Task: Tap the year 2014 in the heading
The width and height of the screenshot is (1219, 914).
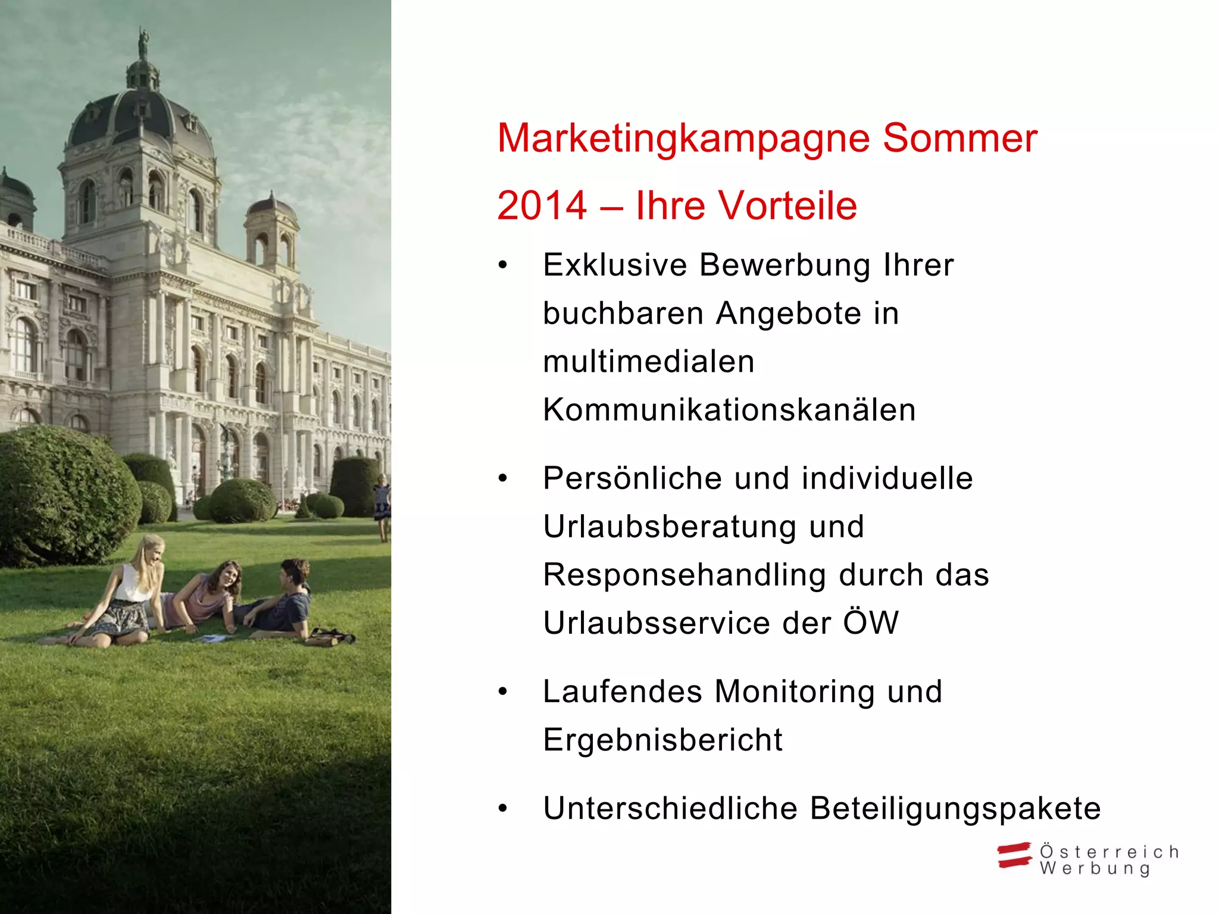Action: [x=542, y=206]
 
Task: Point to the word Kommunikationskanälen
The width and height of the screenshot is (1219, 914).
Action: [x=729, y=410]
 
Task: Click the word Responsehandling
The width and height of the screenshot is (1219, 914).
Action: [x=684, y=575]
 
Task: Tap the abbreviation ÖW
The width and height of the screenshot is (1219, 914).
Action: [x=871, y=623]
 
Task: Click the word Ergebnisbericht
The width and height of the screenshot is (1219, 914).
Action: [x=663, y=740]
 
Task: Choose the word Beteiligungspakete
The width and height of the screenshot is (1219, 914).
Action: [x=955, y=809]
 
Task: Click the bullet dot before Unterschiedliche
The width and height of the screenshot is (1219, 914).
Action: [x=504, y=809]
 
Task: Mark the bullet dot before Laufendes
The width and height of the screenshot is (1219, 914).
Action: [x=504, y=691]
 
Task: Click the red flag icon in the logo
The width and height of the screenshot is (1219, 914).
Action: [x=1014, y=855]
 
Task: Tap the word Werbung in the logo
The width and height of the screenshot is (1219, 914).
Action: [x=1095, y=869]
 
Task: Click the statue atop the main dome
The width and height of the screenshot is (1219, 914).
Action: [x=142, y=42]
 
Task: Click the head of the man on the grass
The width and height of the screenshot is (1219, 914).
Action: [x=294, y=572]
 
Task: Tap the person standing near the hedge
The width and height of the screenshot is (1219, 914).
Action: [x=382, y=506]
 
